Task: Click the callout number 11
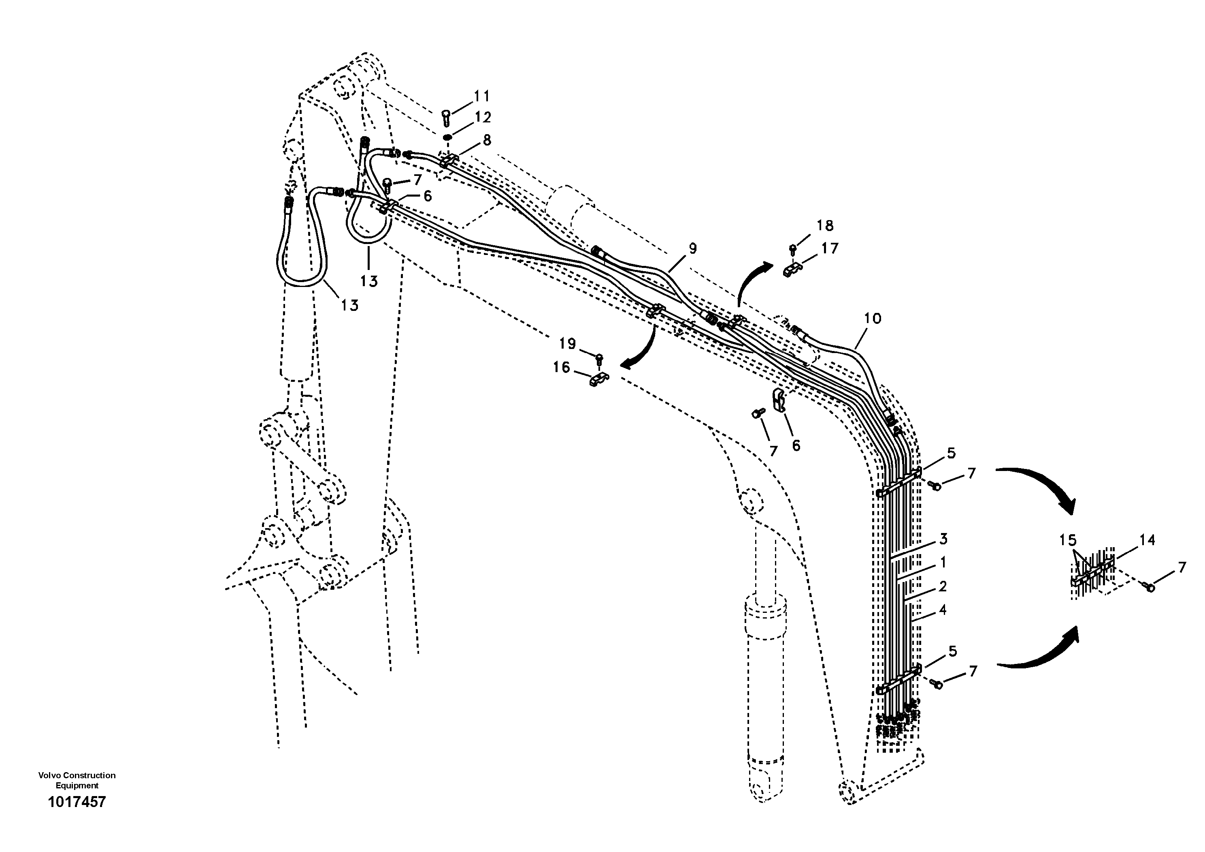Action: point(481,96)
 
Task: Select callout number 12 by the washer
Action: point(481,117)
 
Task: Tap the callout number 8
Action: point(487,140)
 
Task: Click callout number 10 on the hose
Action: point(872,318)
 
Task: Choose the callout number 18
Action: point(825,226)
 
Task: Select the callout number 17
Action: point(830,248)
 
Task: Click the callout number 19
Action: point(567,344)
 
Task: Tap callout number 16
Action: point(562,367)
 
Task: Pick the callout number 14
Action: point(1147,540)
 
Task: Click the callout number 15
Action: point(1067,540)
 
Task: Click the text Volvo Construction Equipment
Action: point(77,780)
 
